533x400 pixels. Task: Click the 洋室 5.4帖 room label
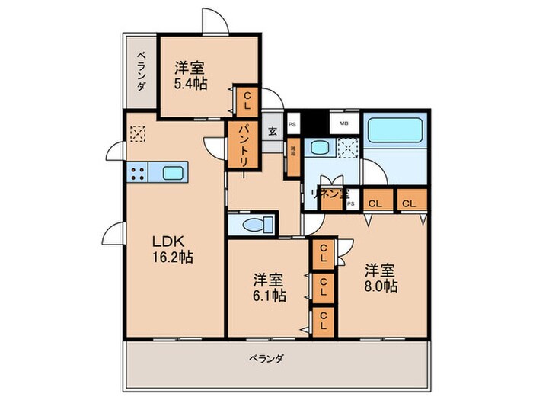pyautogui.click(x=191, y=75)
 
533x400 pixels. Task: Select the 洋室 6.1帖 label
pyautogui.click(x=269, y=286)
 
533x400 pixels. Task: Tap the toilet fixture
pyautogui.click(x=251, y=225)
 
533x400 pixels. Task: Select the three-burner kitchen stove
pyautogui.click(x=137, y=173)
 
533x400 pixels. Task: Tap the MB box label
pyautogui.click(x=343, y=123)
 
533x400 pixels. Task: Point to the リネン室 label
pyautogui.click(x=329, y=194)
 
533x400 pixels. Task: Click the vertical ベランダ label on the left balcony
pyautogui.click(x=142, y=72)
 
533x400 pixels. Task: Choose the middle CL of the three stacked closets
pyautogui.click(x=324, y=288)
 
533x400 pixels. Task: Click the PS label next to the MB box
pyautogui.click(x=292, y=123)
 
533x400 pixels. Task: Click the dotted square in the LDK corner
pyautogui.click(x=137, y=134)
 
